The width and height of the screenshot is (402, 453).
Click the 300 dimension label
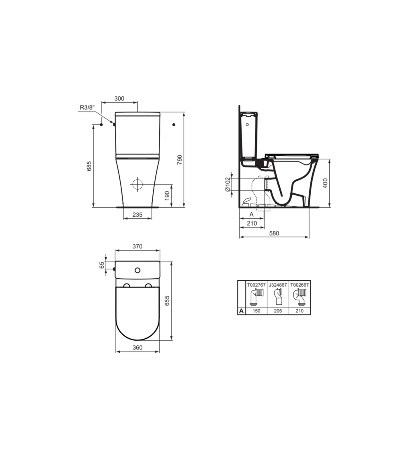[119, 99]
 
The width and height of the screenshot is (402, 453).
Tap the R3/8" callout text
[87, 108]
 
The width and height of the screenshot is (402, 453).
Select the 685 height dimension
[89, 166]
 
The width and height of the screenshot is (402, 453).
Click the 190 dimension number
[167, 196]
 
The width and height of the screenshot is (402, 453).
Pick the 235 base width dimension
[137, 215]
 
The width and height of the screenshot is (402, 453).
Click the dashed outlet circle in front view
[137, 184]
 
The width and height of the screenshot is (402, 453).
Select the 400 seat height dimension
[325, 183]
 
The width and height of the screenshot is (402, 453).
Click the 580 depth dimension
[274, 233]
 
